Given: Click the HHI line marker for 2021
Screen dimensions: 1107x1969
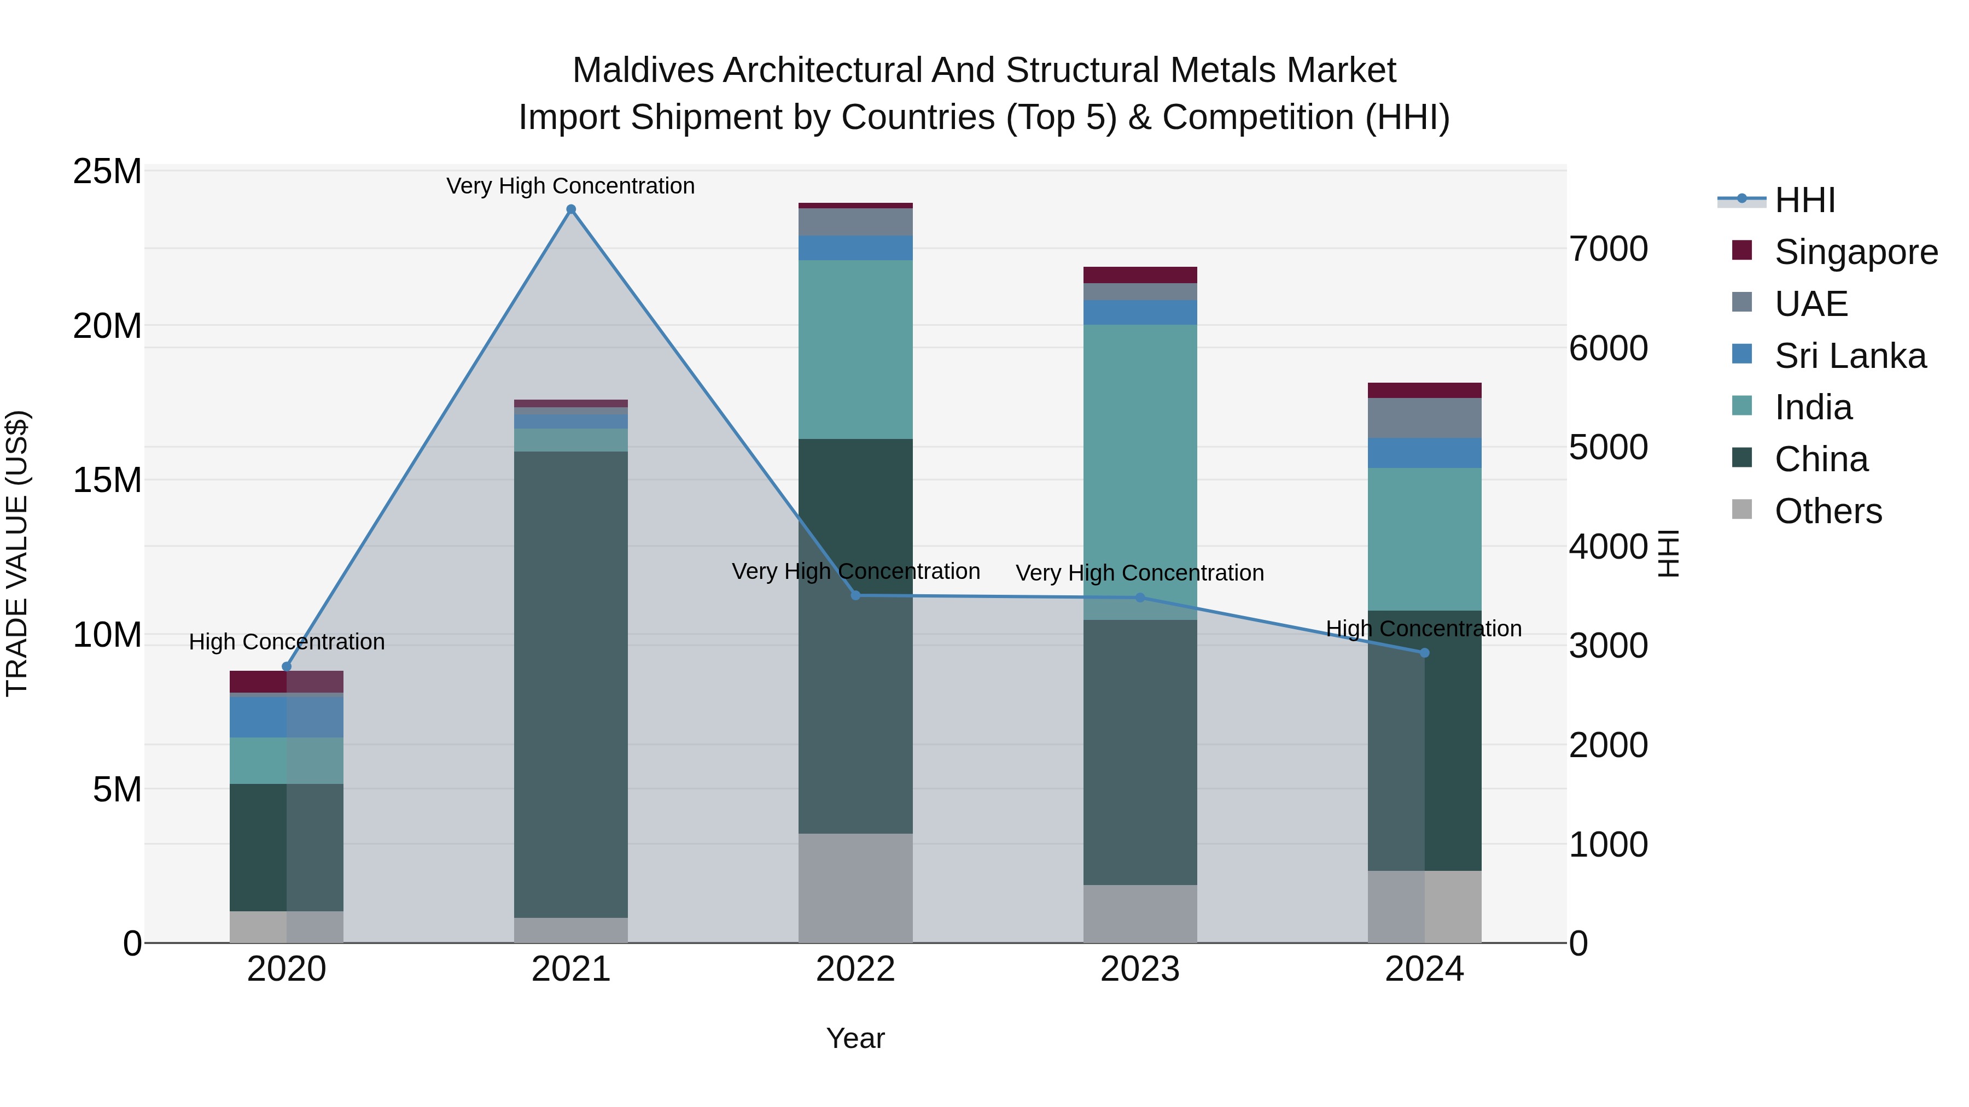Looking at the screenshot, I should (x=571, y=209).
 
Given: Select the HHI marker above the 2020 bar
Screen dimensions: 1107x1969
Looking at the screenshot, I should (x=287, y=667).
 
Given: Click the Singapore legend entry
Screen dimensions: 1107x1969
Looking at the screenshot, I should (x=1855, y=252).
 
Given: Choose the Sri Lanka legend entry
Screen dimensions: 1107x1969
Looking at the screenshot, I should (x=1849, y=356).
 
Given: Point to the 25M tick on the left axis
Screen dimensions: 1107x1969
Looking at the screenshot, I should (x=107, y=172).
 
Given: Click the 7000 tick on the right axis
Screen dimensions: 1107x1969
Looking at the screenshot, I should (x=1608, y=249).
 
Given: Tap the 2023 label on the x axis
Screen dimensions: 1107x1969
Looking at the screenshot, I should (x=1140, y=969).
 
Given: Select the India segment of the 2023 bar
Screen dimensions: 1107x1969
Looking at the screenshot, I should (x=1140, y=459).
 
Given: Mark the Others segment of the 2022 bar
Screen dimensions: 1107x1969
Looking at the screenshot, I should (x=855, y=888).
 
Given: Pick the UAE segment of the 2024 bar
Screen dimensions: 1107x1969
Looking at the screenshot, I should (x=1424, y=418).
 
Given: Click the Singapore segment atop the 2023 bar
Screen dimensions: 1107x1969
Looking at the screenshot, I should (x=1140, y=275).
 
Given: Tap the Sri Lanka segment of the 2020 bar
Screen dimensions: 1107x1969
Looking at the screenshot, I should (x=287, y=717).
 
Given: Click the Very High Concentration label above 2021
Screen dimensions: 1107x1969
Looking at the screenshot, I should (x=570, y=186).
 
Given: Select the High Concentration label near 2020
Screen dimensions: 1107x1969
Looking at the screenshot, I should (x=287, y=642).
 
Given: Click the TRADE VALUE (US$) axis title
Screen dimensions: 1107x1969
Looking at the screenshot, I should (x=17, y=553).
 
